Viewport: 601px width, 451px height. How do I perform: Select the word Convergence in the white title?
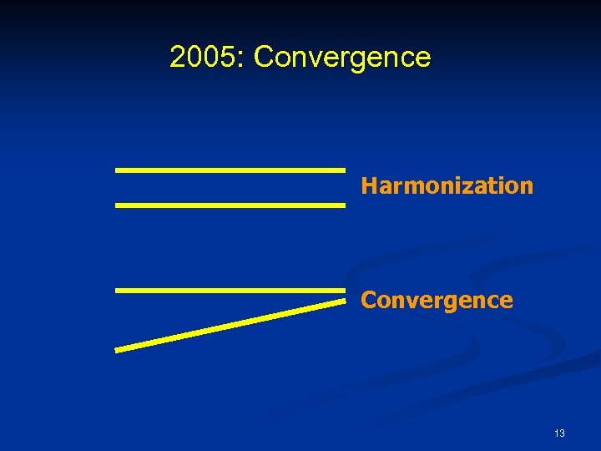click(342, 57)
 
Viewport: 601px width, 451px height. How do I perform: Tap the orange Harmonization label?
click(447, 185)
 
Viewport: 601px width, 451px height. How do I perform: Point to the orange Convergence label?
click(437, 300)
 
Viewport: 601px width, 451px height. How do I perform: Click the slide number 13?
click(558, 433)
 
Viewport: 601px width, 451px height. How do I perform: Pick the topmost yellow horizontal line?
click(230, 170)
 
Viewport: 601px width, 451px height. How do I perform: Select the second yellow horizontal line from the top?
click(230, 205)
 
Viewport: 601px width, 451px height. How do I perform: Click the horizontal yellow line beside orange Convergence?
click(230, 290)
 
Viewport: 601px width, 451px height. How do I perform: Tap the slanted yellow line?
click(230, 325)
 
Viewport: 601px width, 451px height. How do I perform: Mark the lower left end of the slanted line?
click(117, 350)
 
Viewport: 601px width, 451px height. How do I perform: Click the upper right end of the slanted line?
click(342, 302)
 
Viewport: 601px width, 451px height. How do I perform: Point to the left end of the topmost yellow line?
click(117, 170)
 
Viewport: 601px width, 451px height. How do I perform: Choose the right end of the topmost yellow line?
click(343, 170)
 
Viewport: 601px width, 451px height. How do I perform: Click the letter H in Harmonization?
click(368, 185)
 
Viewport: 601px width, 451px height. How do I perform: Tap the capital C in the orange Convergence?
click(368, 300)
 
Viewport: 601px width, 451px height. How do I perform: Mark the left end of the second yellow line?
click(117, 205)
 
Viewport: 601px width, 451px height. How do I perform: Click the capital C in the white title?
click(264, 57)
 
